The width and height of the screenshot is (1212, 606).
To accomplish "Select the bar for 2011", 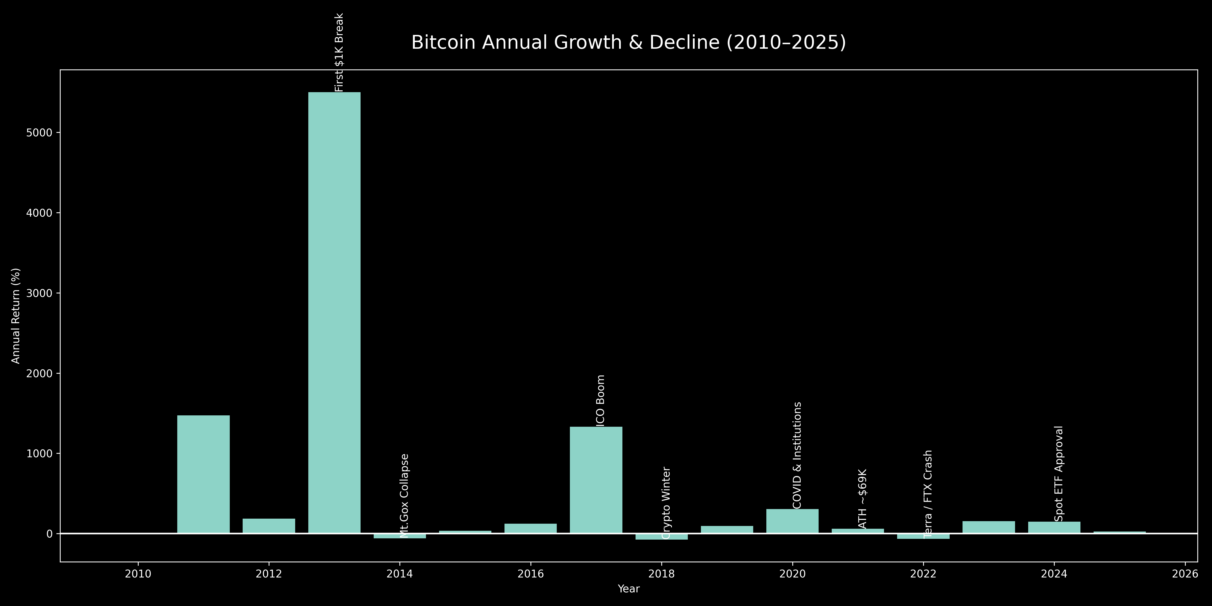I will pos(203,474).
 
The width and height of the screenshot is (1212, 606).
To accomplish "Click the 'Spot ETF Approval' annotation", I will pos(1059,473).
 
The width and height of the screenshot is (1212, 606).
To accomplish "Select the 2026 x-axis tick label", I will pos(1184,574).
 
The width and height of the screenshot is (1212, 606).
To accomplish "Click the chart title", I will pos(628,42).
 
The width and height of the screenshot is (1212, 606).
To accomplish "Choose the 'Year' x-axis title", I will pos(628,589).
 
